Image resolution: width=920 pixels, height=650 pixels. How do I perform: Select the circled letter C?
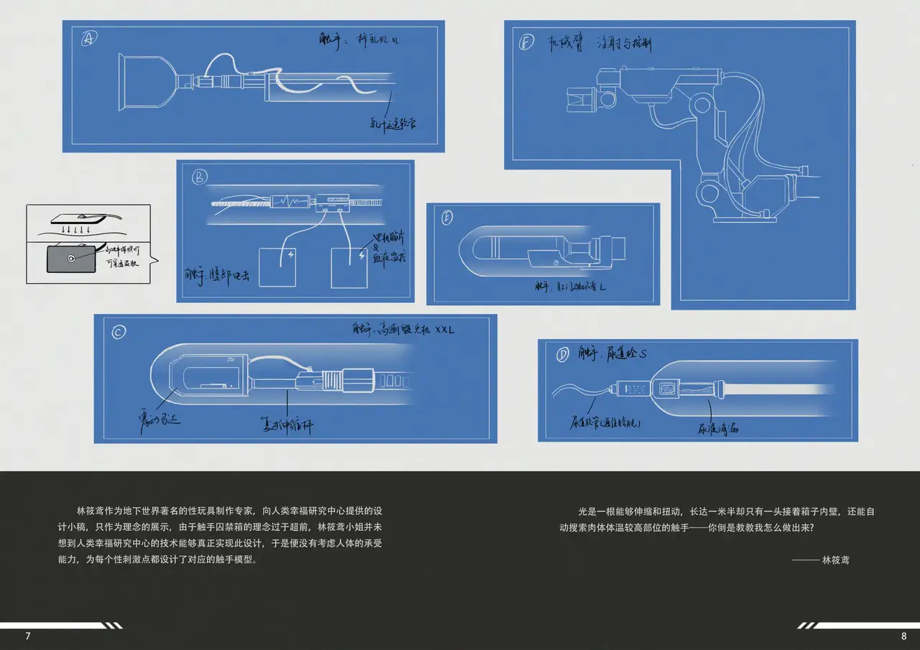click(119, 331)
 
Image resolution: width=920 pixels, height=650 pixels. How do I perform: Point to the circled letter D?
click(561, 355)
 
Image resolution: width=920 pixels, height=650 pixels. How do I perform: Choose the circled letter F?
click(526, 42)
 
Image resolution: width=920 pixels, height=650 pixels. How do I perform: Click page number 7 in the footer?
click(28, 636)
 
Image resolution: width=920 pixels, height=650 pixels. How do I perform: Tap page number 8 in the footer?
click(903, 636)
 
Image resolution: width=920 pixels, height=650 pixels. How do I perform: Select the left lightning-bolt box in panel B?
click(277, 266)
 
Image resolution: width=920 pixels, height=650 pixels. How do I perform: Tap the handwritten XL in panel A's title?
click(395, 40)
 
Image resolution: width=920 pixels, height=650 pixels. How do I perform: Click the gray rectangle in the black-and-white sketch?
click(71, 259)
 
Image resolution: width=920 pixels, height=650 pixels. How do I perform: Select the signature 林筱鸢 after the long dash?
click(835, 560)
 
